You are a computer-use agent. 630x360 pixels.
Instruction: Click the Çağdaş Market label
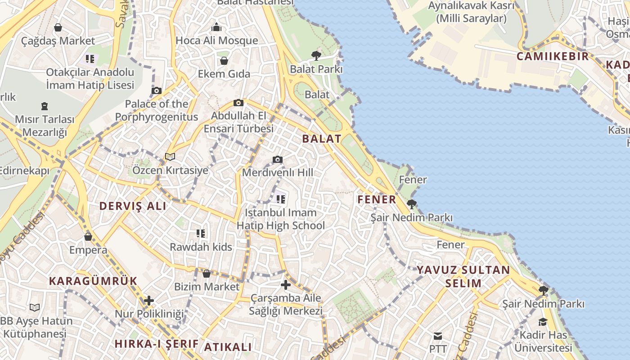[x=58, y=41]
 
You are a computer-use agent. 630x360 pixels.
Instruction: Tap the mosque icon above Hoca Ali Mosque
[x=216, y=27]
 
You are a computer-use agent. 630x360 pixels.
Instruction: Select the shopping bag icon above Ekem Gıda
[x=224, y=61]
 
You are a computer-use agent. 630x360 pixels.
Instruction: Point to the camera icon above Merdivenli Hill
[x=278, y=159]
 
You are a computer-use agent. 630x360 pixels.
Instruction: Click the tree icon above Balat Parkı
[x=316, y=56]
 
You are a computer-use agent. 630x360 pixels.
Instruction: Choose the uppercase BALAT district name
[x=322, y=139]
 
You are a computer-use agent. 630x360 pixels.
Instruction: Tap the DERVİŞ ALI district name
[x=133, y=206]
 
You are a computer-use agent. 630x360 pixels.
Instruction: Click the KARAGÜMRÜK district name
[x=93, y=281]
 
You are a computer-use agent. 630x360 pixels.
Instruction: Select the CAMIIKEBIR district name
[x=553, y=56]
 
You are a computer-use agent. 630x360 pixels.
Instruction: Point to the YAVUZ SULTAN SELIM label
[x=463, y=276]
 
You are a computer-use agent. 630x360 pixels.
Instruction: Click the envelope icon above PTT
[x=437, y=336]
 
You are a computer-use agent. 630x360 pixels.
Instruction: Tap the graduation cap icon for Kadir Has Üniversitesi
[x=543, y=322]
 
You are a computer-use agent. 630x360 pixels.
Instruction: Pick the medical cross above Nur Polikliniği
[x=149, y=301]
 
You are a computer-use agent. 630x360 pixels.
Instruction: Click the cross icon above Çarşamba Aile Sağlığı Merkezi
[x=286, y=285]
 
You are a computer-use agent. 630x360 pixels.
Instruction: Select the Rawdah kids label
[x=201, y=247]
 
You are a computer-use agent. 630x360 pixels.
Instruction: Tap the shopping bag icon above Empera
[x=88, y=237]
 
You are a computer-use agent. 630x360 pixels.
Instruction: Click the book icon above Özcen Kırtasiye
[x=170, y=157]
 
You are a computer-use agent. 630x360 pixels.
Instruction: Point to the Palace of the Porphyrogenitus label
[x=156, y=110]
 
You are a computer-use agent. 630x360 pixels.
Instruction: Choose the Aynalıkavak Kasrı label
[x=471, y=12]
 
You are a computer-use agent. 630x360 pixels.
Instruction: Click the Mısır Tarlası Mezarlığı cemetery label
[x=45, y=126]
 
